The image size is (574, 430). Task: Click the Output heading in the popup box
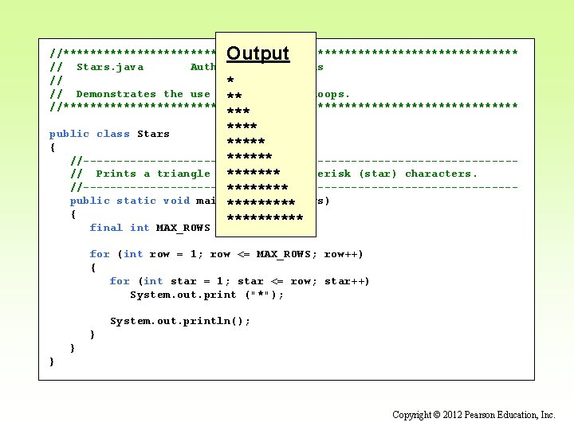tap(258, 53)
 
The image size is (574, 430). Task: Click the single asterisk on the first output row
tap(230, 81)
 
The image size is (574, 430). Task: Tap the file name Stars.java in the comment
tap(110, 67)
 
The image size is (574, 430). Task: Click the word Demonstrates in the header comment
tap(116, 94)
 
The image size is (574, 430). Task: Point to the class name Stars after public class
tap(153, 134)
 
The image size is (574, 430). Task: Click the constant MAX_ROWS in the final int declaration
tap(183, 228)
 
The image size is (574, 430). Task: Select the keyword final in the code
tap(106, 228)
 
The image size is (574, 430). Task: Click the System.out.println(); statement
tap(180, 321)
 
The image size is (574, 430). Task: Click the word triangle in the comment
tap(183, 174)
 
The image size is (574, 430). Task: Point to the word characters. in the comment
tap(441, 174)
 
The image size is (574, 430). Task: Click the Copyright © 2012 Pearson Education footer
tap(474, 415)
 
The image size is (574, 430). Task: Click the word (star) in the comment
tap(378, 174)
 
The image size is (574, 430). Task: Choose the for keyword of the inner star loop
tap(120, 281)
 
